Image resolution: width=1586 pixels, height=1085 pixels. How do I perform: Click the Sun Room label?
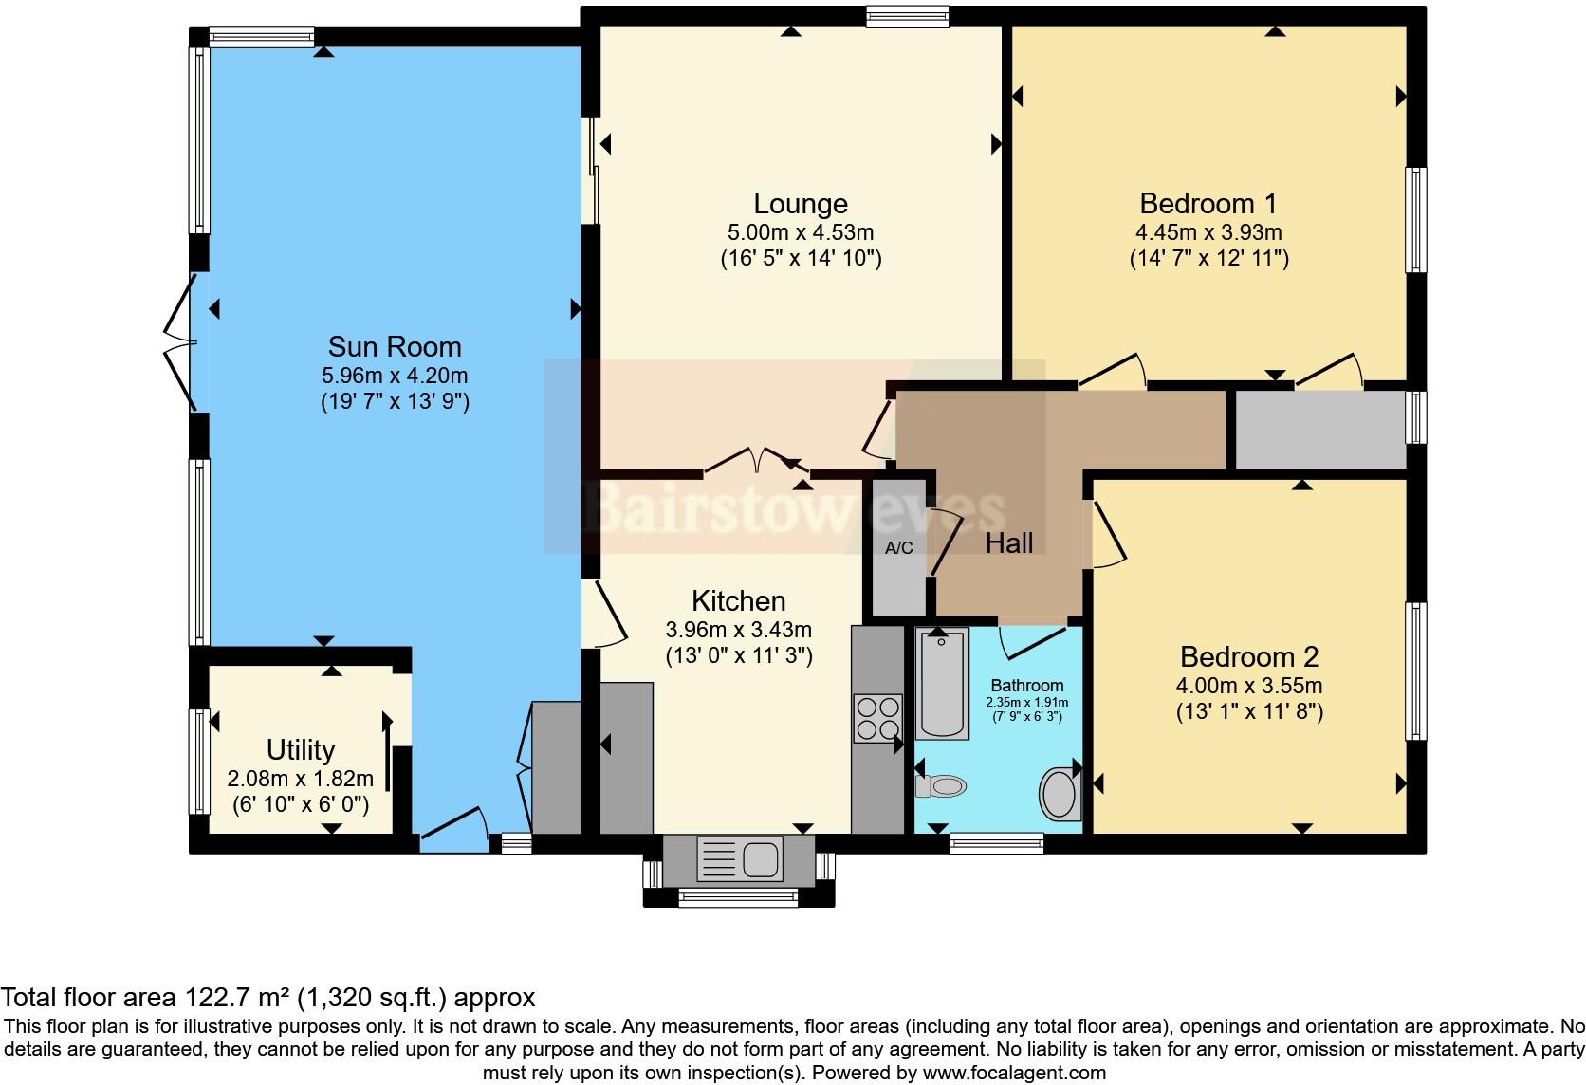coord(395,346)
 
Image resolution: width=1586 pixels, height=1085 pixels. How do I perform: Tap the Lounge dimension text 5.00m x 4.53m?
coord(801,232)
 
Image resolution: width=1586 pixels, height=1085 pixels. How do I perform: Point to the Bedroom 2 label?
coord(1248,656)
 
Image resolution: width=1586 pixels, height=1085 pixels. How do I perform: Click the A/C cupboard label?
coord(898,548)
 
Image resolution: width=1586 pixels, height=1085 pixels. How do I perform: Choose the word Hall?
coord(1008,543)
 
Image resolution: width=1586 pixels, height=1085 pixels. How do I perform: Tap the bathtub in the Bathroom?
coord(941,685)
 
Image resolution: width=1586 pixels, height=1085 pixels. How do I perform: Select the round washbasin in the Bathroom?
coord(1059,794)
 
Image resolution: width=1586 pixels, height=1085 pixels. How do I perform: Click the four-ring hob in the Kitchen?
coord(876,718)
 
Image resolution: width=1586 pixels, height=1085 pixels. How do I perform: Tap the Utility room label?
coord(301,750)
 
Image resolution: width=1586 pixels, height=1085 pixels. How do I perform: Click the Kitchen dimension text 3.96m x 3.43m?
coord(738,630)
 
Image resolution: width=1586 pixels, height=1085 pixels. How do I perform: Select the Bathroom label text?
coord(1026,685)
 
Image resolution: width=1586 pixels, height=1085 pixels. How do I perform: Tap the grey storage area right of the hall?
coord(1319,431)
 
